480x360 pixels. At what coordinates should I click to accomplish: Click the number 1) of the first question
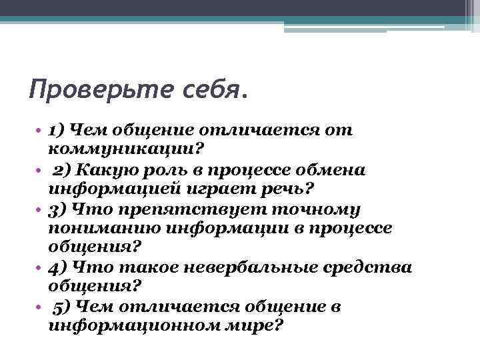(x=58, y=129)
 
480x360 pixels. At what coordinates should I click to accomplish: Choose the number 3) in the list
(x=59, y=209)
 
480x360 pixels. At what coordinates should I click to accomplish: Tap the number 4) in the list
(x=59, y=267)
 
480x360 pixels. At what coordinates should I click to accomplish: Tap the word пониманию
(x=105, y=228)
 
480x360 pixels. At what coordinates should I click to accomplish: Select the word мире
(x=261, y=326)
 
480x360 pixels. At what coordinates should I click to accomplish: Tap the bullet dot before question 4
(x=40, y=269)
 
